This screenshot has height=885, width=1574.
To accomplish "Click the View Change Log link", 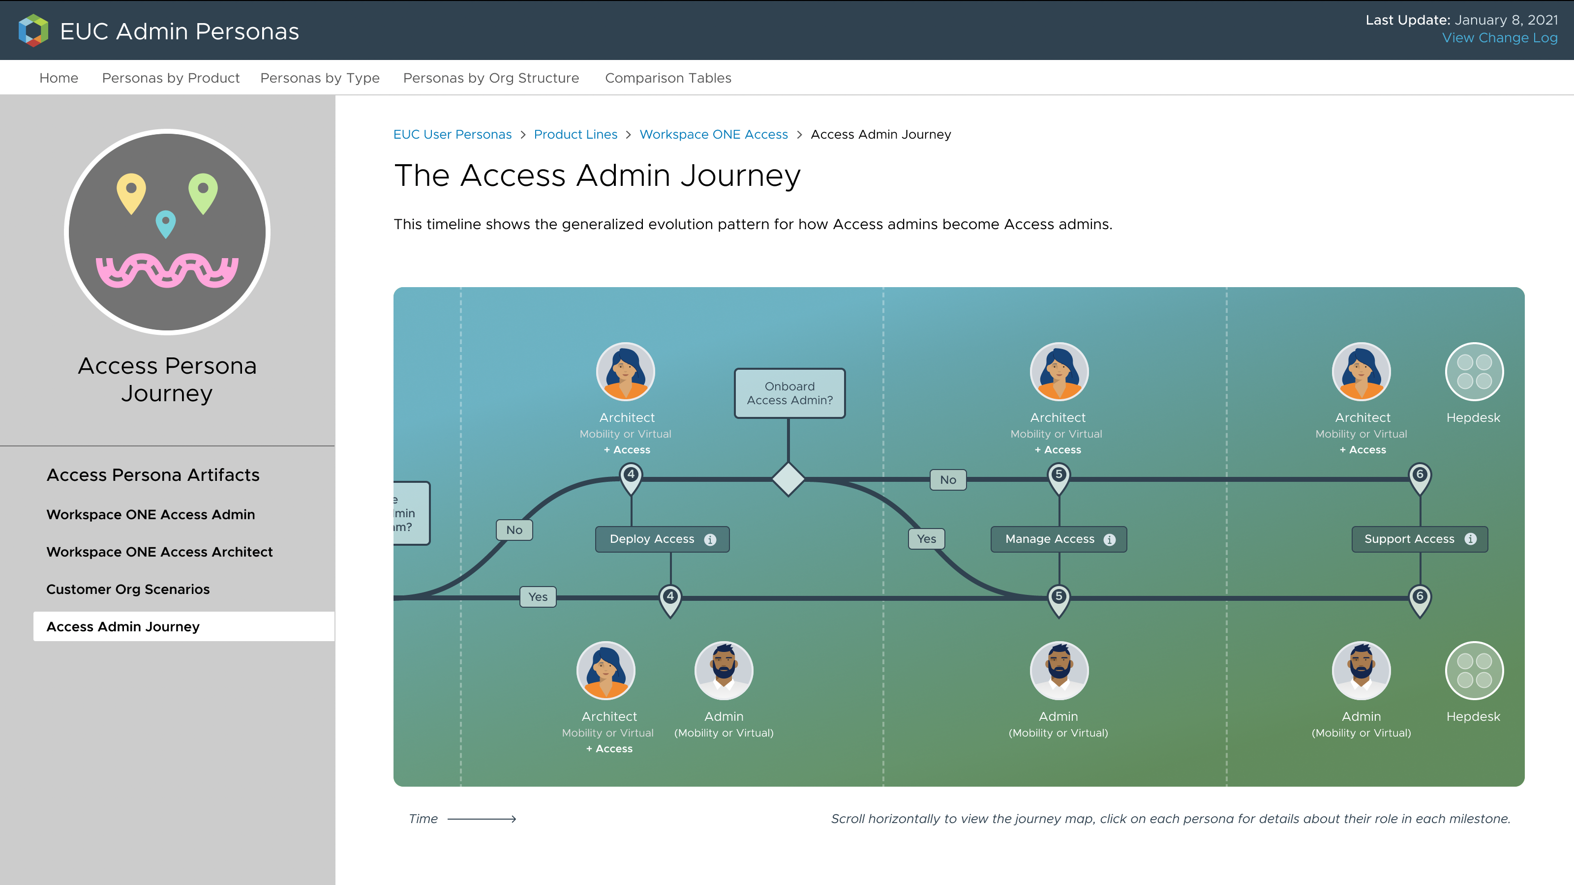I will [1499, 38].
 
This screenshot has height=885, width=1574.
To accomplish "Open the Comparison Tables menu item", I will [668, 78].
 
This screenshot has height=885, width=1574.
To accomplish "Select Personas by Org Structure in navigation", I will [491, 78].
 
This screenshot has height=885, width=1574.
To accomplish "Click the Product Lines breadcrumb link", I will [575, 134].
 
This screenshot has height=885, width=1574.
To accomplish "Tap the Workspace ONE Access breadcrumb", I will [713, 134].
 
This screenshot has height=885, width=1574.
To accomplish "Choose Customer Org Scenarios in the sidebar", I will [128, 590].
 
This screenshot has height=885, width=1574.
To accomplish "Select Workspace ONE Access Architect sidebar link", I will [159, 552].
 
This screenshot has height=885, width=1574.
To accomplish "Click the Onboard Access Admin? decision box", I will [789, 393].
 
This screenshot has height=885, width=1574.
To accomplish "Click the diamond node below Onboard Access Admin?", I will [788, 479].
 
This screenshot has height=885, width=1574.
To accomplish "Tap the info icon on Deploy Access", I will [710, 540].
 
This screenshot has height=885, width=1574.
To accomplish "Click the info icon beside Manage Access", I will [1110, 540].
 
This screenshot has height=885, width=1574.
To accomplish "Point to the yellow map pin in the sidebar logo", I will [131, 191].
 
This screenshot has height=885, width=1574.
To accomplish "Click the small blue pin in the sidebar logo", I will [166, 223].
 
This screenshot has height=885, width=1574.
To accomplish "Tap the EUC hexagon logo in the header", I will [33, 30].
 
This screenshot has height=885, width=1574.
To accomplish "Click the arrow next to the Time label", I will [482, 819].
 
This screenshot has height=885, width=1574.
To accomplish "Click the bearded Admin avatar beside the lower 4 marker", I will [724, 671].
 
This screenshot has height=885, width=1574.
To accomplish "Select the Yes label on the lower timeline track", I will [538, 597].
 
